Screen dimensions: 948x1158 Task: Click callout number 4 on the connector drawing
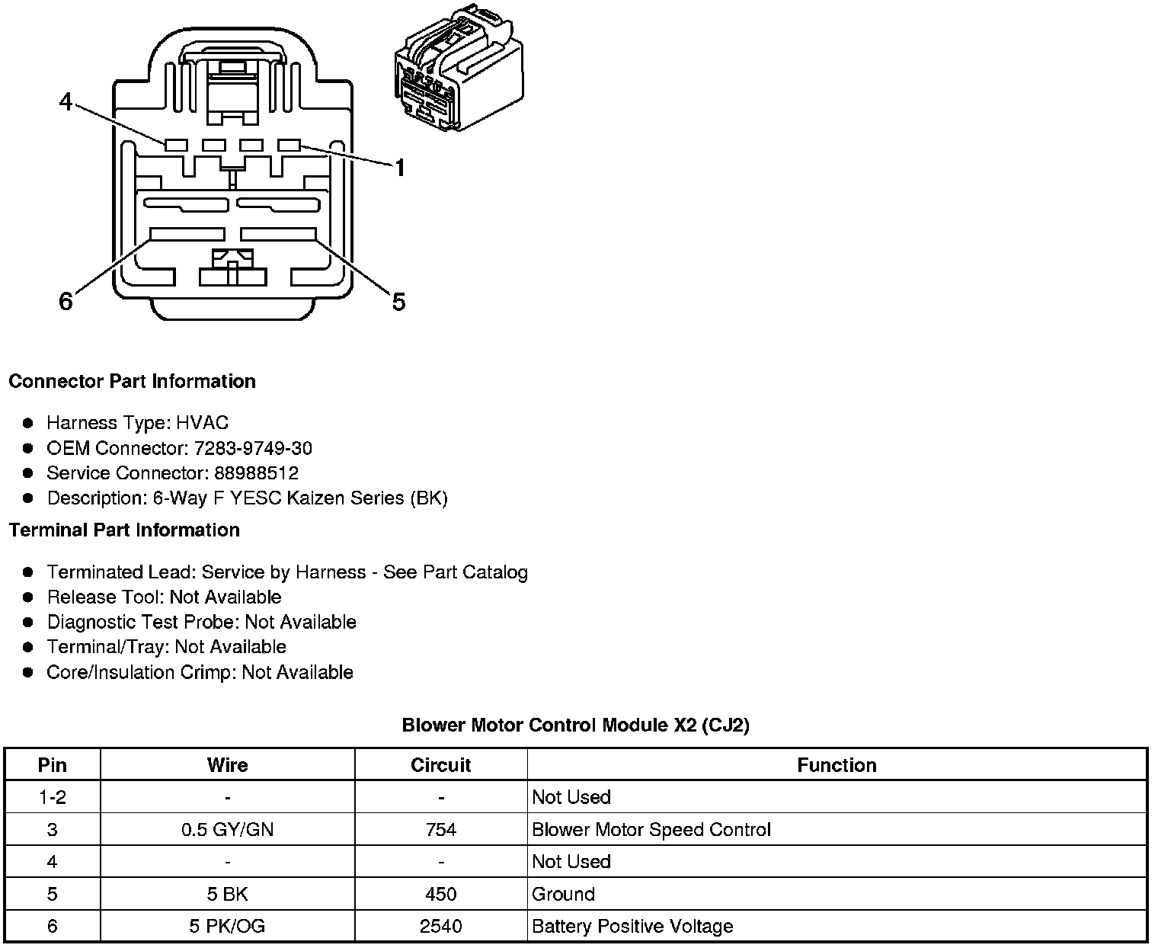(x=66, y=101)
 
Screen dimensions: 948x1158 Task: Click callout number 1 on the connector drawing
(x=399, y=168)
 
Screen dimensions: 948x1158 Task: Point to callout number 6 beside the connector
(x=66, y=302)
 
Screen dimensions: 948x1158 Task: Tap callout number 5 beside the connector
(x=398, y=302)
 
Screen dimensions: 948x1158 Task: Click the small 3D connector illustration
(x=458, y=70)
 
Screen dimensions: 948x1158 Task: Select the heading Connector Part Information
(x=132, y=381)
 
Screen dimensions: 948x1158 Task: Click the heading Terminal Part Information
(x=124, y=530)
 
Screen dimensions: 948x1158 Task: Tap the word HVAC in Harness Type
(x=202, y=423)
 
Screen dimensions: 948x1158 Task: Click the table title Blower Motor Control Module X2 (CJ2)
(x=575, y=725)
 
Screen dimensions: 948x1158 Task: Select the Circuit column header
(x=440, y=765)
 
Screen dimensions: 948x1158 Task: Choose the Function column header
(x=837, y=765)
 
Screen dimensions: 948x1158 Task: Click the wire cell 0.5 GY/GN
(x=227, y=829)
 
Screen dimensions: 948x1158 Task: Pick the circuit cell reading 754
(x=441, y=829)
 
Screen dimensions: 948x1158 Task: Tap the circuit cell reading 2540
(x=440, y=926)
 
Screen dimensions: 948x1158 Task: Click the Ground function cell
(x=563, y=894)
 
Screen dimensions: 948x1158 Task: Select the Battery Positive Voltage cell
(x=632, y=926)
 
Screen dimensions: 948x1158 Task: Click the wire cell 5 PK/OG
(x=227, y=926)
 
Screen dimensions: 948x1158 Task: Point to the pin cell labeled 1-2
(x=52, y=797)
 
